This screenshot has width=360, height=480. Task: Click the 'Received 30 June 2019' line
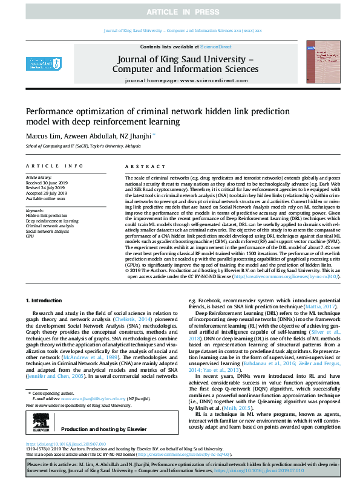(47, 183)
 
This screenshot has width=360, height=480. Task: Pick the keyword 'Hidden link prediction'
(47, 215)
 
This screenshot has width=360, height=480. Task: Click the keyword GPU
(30, 235)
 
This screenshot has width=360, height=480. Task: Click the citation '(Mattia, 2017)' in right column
(327, 306)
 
